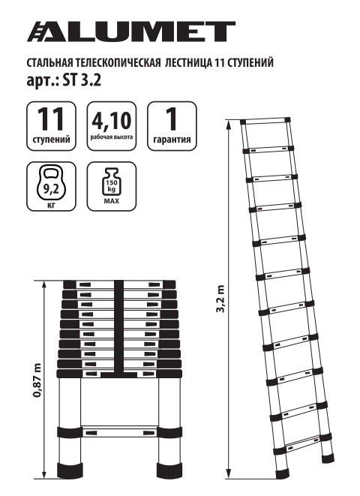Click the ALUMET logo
tap(131, 31)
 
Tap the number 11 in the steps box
tap(52, 119)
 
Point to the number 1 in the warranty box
tap(170, 119)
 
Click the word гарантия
tap(171, 139)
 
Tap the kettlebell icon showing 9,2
tap(52, 178)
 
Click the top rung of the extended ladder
tap(265, 120)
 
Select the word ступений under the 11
tap(52, 139)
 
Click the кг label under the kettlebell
tap(52, 203)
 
